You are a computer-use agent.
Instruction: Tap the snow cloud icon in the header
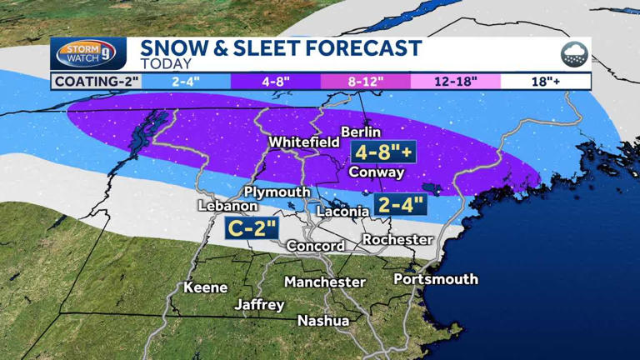coord(574,55)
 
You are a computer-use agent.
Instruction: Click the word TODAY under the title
coord(166,64)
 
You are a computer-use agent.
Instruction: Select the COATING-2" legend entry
coord(96,81)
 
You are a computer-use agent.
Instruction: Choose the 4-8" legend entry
coord(275,81)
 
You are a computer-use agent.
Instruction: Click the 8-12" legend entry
coord(365,81)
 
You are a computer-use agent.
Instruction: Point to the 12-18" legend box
coord(455,81)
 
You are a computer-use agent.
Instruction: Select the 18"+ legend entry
coord(545,81)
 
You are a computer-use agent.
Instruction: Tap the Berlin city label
coord(361,132)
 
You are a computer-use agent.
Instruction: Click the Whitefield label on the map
coord(303,142)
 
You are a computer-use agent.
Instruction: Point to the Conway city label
coord(377,172)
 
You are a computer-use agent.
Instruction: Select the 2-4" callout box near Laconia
coord(401,204)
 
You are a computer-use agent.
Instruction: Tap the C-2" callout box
coord(251,227)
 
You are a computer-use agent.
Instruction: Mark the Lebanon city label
coord(227,205)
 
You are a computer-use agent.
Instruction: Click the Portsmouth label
coord(436,278)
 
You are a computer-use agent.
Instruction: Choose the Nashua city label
coord(323,320)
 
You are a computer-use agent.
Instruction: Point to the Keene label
coord(206,287)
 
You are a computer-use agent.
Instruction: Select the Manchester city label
coord(325,282)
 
